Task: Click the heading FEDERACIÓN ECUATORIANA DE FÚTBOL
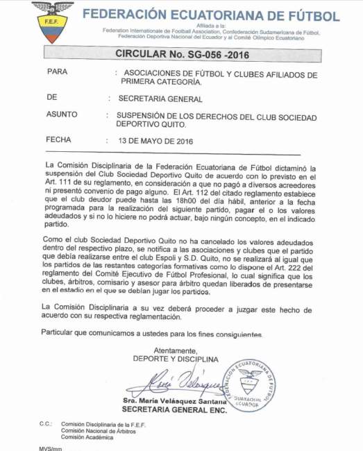click(210, 16)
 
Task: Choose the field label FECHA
click(58, 139)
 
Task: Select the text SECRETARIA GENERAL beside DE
click(160, 99)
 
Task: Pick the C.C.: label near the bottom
click(46, 423)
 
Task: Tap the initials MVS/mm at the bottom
click(51, 448)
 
